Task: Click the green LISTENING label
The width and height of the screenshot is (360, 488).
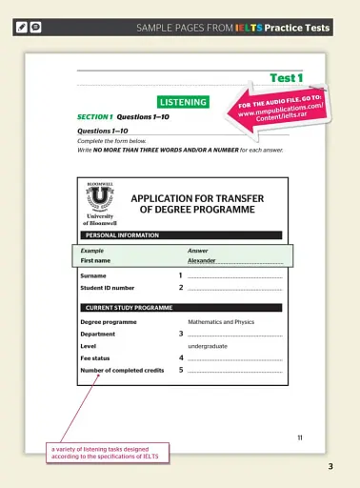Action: (x=183, y=101)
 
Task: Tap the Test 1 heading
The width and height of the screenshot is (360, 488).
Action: (x=286, y=78)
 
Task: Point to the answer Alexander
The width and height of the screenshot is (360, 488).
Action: (x=203, y=260)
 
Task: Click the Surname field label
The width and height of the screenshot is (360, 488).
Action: (x=93, y=275)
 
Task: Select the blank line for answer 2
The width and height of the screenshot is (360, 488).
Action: (x=235, y=288)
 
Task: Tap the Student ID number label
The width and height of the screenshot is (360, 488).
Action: (x=108, y=287)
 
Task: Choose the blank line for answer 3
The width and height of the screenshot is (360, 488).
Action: (x=235, y=335)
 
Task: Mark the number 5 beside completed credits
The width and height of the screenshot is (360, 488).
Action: (x=180, y=369)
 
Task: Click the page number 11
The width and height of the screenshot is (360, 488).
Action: (x=299, y=437)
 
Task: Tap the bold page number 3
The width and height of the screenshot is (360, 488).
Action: (x=330, y=466)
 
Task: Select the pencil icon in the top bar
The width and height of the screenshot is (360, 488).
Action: (x=20, y=29)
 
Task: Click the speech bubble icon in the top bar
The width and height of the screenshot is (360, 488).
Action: (x=34, y=29)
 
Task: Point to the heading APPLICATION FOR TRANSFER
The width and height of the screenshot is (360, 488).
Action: (x=197, y=198)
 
